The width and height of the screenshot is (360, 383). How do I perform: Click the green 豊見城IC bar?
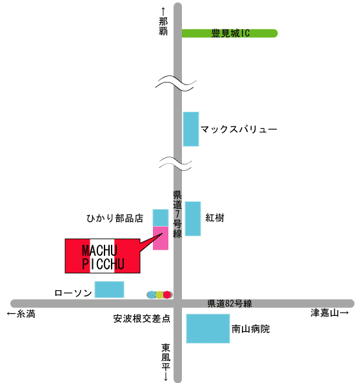(230, 34)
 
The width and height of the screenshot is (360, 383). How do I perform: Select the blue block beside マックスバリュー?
(191, 129)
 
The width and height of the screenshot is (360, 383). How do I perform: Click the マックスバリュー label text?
(239, 129)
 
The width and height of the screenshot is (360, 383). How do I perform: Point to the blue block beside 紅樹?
(193, 219)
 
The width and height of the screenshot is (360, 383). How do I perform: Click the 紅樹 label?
(215, 218)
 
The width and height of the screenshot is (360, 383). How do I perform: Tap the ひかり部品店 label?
(115, 218)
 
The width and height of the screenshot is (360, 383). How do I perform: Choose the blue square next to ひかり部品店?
(161, 218)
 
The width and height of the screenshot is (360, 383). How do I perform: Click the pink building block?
(161, 238)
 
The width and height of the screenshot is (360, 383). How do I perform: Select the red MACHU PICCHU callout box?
(103, 256)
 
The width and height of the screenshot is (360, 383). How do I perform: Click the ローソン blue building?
(109, 290)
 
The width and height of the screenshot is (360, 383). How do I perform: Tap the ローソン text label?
(73, 293)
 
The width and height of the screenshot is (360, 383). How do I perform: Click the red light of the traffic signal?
(167, 295)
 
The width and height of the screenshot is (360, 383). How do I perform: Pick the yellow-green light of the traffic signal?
(159, 295)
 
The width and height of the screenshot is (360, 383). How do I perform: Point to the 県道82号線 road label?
(230, 304)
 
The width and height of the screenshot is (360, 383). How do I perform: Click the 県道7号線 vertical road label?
(177, 214)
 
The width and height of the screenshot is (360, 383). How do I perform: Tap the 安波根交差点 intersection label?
(142, 319)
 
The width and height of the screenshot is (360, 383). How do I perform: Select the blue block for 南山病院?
(208, 329)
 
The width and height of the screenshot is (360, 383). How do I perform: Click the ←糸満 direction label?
(21, 314)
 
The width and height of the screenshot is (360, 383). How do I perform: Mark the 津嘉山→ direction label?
(330, 313)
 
